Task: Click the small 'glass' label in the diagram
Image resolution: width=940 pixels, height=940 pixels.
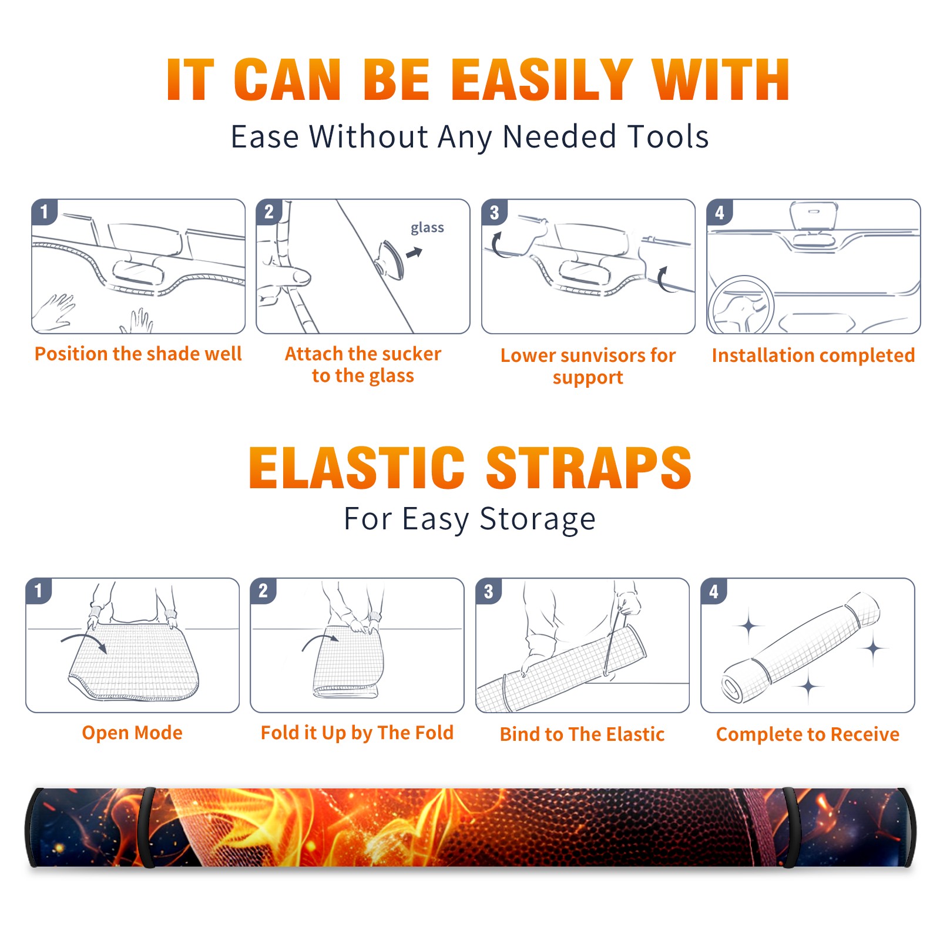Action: [x=427, y=227]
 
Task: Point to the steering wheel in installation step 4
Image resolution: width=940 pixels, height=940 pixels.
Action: [x=740, y=305]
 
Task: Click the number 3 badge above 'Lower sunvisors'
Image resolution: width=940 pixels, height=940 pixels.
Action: [x=494, y=212]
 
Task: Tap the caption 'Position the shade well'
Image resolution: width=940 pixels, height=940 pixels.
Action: [x=138, y=354]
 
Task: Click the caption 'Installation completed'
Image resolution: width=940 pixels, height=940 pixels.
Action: [x=813, y=355]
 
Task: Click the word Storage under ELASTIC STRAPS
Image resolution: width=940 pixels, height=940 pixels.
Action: [x=538, y=519]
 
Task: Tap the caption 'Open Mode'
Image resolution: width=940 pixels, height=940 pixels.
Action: [x=132, y=733]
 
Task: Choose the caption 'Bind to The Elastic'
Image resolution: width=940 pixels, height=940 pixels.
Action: [x=582, y=734]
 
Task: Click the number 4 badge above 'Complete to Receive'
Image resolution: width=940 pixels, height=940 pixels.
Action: [x=714, y=591]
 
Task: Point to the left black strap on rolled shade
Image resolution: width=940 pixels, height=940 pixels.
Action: [x=148, y=827]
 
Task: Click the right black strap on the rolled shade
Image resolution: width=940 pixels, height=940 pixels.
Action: [x=789, y=827]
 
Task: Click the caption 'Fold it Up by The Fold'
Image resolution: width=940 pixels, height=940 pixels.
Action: [x=357, y=733]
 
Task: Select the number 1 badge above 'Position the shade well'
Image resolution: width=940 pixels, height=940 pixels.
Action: [x=44, y=211]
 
